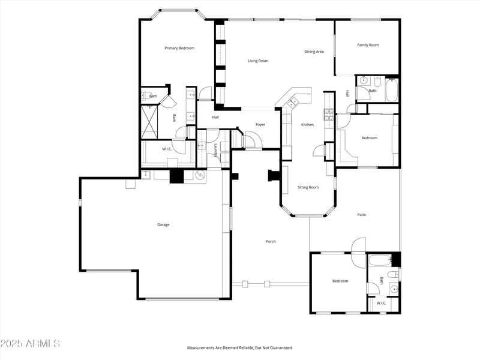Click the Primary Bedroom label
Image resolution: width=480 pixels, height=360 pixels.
179,48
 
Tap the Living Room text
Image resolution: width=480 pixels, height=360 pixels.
258,61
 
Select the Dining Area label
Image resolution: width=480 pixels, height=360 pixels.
314,52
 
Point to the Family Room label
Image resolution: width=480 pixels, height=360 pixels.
368,45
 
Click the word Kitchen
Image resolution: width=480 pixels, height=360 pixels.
307,124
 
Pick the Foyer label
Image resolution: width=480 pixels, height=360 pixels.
260,125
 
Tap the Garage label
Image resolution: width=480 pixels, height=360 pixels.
163,225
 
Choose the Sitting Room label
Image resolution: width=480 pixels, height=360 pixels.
308,187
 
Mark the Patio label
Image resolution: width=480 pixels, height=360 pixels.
362,214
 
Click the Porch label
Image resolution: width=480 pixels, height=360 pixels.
271,241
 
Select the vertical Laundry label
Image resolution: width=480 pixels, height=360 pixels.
215,151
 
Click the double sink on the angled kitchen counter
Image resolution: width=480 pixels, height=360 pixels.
293,103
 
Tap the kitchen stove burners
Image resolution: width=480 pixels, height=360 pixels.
328,114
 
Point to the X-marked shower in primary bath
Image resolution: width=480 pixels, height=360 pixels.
150,121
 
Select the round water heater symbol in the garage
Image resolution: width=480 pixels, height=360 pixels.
200,175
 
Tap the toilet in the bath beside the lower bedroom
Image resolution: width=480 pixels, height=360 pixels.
392,274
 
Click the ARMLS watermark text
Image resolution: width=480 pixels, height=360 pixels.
30,344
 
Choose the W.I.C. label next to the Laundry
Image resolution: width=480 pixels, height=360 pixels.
167,149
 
